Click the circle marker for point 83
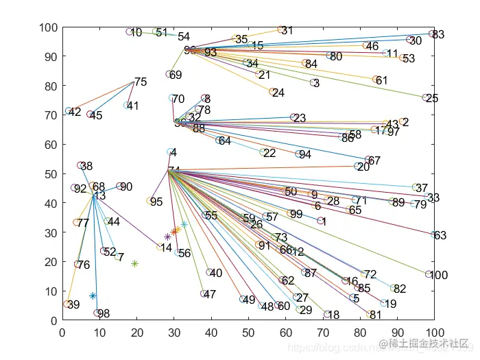coord(432,34)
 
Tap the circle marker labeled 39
coord(67,304)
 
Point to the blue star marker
coord(93,296)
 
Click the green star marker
coord(135,263)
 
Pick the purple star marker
coord(167,237)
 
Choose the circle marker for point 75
coord(134,82)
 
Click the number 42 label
coord(75,112)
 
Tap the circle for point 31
coord(280,30)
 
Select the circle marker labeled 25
coord(426,98)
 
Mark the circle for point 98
coord(97,313)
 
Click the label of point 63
coord(440,236)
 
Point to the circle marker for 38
coord(80,165)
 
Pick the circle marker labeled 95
coord(150,201)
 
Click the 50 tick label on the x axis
coord(248,334)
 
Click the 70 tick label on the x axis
coord(323,334)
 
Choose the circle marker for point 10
coord(129,32)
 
